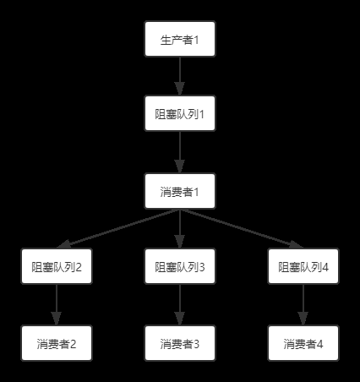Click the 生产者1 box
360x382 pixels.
click(x=180, y=39)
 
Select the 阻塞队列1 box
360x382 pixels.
click(x=180, y=113)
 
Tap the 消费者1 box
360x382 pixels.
click(x=180, y=191)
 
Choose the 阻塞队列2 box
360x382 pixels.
click(x=57, y=266)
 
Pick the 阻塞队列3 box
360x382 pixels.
click(x=180, y=266)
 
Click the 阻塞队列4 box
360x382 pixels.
click(x=303, y=266)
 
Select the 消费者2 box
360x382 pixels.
click(x=57, y=343)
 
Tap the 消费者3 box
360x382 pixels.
click(x=180, y=343)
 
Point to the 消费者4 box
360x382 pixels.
click(x=303, y=343)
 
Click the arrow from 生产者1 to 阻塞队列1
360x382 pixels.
click(x=180, y=76)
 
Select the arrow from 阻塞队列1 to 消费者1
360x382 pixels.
click(x=180, y=152)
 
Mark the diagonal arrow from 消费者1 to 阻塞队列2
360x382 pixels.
click(x=118, y=229)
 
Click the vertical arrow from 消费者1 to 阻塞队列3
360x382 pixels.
click(x=180, y=229)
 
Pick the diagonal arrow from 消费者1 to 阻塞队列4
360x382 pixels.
click(x=242, y=229)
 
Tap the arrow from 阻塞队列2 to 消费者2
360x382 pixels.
click(x=57, y=304)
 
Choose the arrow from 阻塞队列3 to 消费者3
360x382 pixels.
click(x=180, y=304)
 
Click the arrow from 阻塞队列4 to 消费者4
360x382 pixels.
click(x=303, y=304)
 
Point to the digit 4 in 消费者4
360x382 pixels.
click(x=319, y=344)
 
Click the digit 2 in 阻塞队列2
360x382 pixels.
click(x=79, y=267)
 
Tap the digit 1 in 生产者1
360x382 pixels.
click(x=196, y=40)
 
